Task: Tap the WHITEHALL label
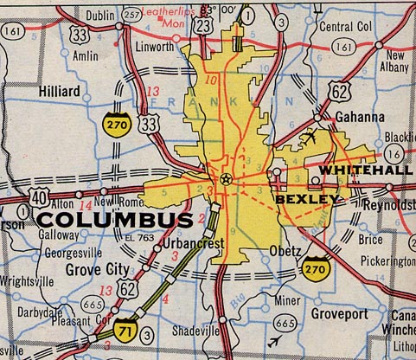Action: pyautogui.click(x=366, y=171)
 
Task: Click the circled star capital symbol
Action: pyautogui.click(x=227, y=180)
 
